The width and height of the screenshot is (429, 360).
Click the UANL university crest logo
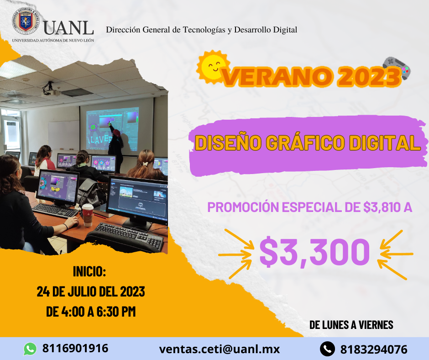[x=26, y=21]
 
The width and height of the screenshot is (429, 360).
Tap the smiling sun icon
[x=213, y=67]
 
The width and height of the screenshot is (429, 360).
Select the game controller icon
[x=397, y=68]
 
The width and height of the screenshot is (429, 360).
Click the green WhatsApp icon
[x=30, y=349]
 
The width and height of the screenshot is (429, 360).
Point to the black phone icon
[x=327, y=349]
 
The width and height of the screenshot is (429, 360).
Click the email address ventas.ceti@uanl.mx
[x=219, y=349]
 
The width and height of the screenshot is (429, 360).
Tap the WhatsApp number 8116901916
[x=75, y=348]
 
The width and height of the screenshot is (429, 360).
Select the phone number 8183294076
[x=374, y=349]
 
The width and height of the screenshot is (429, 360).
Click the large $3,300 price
[x=314, y=252]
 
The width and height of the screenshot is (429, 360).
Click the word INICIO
[x=89, y=271]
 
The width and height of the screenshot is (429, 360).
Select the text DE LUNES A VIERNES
[x=351, y=325]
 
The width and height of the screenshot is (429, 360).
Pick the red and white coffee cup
[x=88, y=215]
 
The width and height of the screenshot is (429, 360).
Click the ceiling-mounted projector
[x=50, y=90]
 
